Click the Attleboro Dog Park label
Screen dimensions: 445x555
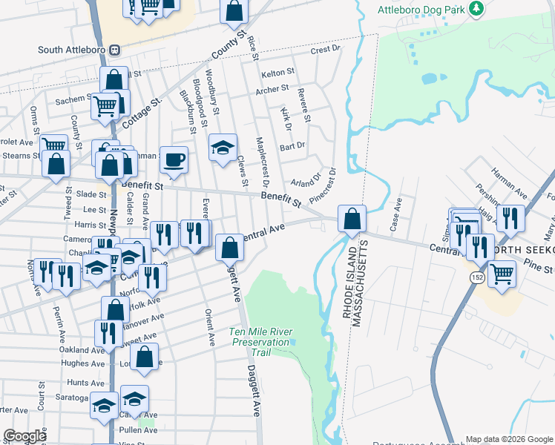point(420,10)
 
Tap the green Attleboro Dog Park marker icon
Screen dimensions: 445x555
point(477,9)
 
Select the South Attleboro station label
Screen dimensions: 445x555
point(73,50)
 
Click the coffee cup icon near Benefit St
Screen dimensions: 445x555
point(174,159)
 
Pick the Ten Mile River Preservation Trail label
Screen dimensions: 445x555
point(260,342)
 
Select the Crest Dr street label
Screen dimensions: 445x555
point(324,50)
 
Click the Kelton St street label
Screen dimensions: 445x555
point(278,74)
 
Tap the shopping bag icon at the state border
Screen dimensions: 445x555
point(352,220)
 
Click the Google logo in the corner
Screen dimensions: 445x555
point(24,436)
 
